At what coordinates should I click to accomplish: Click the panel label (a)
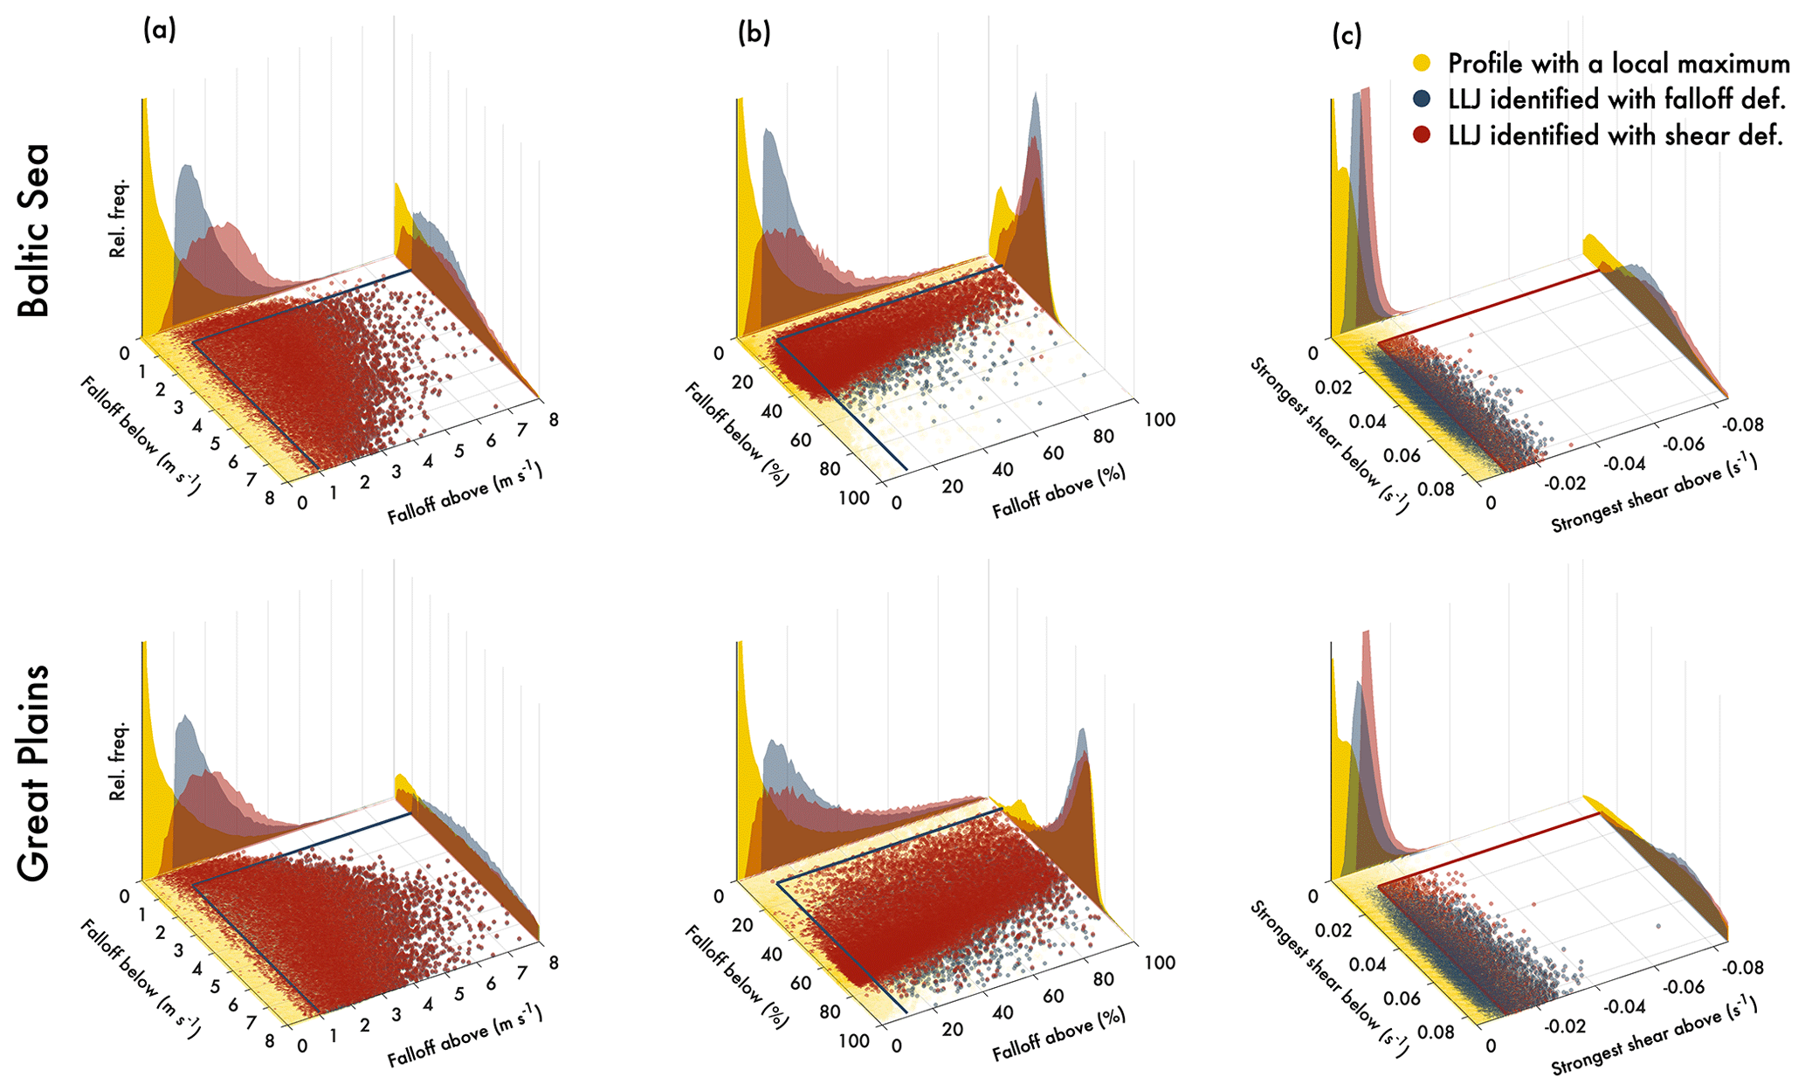160,31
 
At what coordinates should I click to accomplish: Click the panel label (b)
754,33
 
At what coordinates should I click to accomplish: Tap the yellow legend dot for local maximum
1423,63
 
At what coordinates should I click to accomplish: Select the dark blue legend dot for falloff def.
1423,99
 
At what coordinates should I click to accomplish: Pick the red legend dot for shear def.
1423,135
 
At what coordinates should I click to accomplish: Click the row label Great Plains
34,772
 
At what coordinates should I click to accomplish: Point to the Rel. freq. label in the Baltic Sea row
118,218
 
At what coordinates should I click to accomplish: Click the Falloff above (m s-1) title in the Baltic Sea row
465,494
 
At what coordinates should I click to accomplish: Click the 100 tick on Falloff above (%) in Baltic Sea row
1159,420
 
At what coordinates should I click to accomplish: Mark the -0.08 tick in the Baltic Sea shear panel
1743,425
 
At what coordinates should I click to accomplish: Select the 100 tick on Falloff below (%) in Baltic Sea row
853,498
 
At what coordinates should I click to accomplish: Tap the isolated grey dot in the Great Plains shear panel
1658,926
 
